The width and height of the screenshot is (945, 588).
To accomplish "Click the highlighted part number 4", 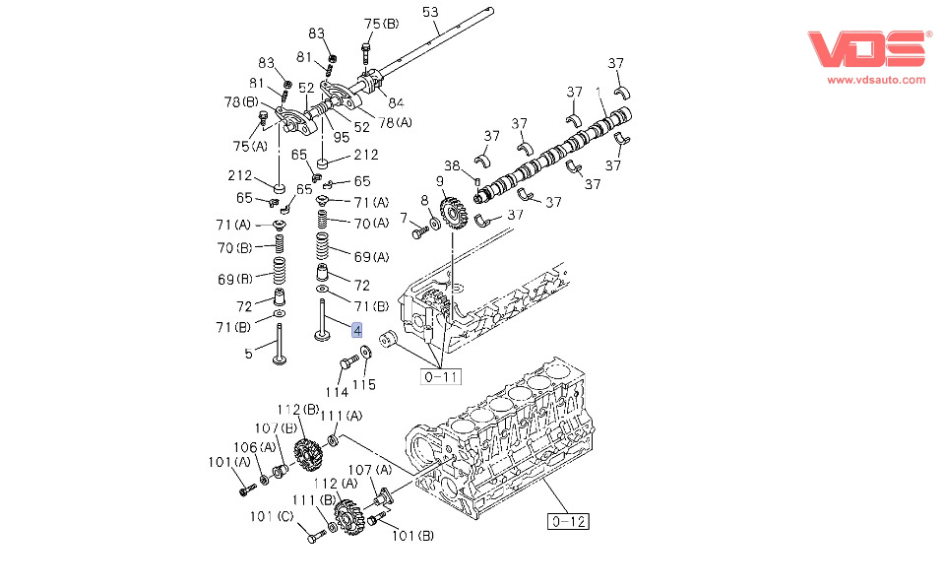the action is [x=357, y=331].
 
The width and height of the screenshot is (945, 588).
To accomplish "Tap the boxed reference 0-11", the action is [x=441, y=377].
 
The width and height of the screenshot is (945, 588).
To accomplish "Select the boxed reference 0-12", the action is [x=568, y=521].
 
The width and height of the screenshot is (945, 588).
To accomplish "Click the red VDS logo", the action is [x=867, y=49].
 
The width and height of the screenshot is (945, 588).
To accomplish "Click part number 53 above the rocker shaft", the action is [x=430, y=12].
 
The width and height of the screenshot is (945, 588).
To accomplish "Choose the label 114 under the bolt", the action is [x=337, y=392].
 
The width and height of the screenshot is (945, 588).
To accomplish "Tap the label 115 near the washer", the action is [x=364, y=385].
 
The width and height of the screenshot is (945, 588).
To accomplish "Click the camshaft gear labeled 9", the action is [x=454, y=213].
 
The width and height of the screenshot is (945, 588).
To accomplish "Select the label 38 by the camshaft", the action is [x=452, y=165].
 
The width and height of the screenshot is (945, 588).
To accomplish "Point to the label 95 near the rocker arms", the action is [x=342, y=137].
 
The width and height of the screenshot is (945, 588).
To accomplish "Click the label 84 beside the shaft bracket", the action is [x=396, y=103].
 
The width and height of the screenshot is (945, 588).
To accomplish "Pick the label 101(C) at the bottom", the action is [x=272, y=516].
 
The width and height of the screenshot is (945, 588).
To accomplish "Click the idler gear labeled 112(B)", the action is [x=308, y=454].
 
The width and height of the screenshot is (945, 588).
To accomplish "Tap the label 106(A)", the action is [x=254, y=447].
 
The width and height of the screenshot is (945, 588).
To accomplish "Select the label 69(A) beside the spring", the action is [x=371, y=257].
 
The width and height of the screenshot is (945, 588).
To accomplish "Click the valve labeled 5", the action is [x=279, y=344].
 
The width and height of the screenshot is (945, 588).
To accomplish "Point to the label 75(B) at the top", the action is [x=382, y=24].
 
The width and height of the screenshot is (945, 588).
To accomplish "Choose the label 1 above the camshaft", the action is [x=598, y=93].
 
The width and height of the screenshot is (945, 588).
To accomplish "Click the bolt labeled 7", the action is [x=420, y=231].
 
